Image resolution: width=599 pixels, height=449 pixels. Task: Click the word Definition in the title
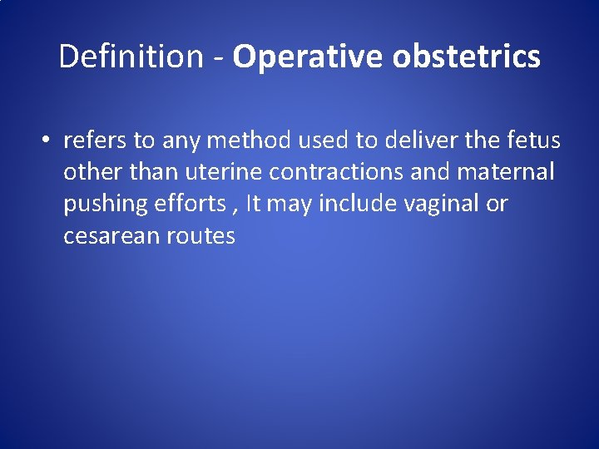pos(131,57)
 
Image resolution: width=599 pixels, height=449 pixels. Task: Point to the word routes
pos(200,236)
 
